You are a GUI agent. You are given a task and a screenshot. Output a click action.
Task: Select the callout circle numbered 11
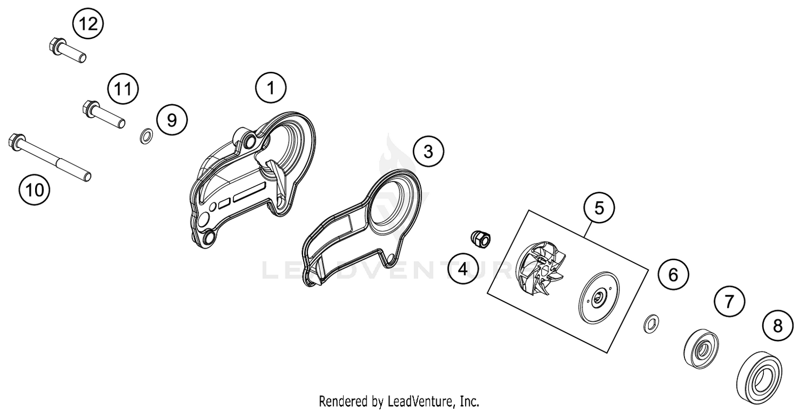123,89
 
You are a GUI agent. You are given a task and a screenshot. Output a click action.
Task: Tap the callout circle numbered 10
35,189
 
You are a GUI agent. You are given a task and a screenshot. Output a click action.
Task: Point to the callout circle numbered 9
172,120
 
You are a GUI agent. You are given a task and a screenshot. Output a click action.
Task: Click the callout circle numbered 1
271,87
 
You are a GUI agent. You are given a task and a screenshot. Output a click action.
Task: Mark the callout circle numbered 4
462,269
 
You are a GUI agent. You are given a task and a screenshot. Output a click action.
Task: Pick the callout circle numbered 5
599,208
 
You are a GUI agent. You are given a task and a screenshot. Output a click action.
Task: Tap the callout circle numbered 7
729,302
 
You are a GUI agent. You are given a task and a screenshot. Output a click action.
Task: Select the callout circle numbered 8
778,325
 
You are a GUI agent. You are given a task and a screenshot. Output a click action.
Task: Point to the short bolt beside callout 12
67,51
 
